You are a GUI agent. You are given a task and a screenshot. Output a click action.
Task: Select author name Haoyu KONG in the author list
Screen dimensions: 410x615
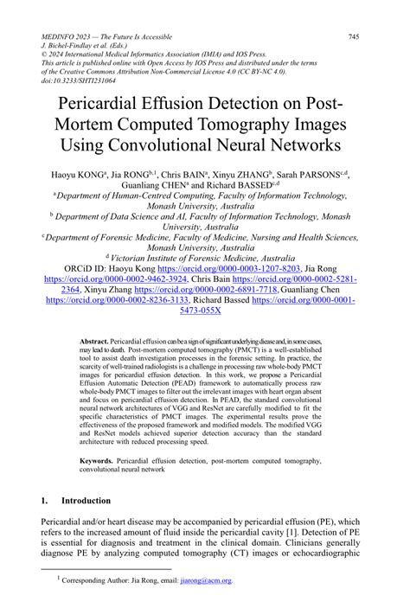pyautogui.click(x=93, y=174)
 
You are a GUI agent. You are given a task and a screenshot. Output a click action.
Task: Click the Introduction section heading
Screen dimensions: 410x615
pyautogui.click(x=86, y=501)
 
